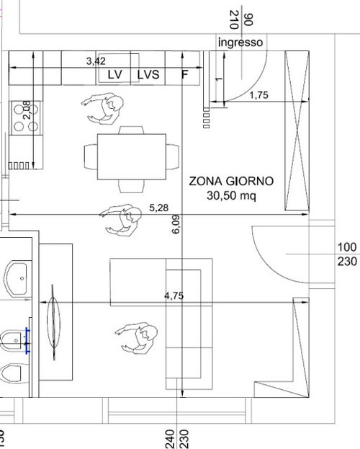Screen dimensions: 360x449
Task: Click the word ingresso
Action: pyautogui.click(x=240, y=43)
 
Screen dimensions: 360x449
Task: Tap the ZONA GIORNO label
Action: pyautogui.click(x=231, y=181)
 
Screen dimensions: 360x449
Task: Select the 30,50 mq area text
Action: pyautogui.click(x=231, y=195)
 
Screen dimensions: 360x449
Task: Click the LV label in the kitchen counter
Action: pyautogui.click(x=115, y=74)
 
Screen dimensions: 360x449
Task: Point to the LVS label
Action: pyautogui.click(x=148, y=74)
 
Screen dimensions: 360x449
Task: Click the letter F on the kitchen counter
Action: pyautogui.click(x=185, y=74)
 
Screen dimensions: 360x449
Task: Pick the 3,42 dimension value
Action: pyautogui.click(x=96, y=61)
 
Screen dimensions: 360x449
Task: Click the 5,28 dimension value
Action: pyautogui.click(x=159, y=208)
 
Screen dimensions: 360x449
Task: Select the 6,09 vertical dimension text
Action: pyautogui.click(x=176, y=224)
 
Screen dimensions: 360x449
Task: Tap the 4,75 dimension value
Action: pyautogui.click(x=174, y=295)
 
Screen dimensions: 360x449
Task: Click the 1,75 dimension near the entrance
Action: pyautogui.click(x=259, y=95)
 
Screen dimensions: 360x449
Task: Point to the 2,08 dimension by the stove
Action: pyautogui.click(x=27, y=110)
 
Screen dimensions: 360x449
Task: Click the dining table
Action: pyautogui.click(x=132, y=156)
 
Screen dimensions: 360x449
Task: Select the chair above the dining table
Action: pyautogui.click(x=131, y=130)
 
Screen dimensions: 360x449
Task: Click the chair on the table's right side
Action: pyautogui.click(x=173, y=156)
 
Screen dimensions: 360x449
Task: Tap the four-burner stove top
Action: pyautogui.click(x=27, y=117)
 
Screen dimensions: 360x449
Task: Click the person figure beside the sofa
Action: pyautogui.click(x=137, y=339)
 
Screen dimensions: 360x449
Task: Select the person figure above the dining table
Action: pyautogui.click(x=103, y=109)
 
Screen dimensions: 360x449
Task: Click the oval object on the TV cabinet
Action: pyautogui.click(x=53, y=322)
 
